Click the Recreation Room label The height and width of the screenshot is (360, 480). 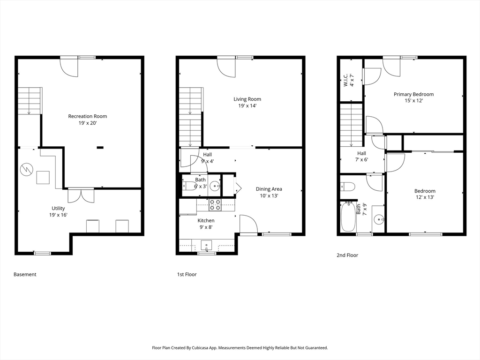point(88,116)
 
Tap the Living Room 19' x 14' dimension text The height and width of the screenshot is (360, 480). point(247,106)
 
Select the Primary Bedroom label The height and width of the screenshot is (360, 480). point(413,94)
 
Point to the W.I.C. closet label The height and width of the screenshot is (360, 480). point(345,80)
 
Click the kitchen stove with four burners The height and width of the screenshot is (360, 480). point(215,205)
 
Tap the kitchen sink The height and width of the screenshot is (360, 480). point(207,246)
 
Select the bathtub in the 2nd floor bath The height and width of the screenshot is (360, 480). point(348,216)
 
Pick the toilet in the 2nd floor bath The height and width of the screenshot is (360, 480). point(347,186)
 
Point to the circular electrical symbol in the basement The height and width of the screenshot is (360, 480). point(26,169)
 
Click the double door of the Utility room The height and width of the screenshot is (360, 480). point(81,195)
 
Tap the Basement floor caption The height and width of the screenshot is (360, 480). point(25,274)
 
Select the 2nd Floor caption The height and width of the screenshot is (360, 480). point(347,255)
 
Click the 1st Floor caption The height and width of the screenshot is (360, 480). point(187,274)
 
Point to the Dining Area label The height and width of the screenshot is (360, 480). point(269,189)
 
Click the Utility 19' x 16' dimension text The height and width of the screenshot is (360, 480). point(58,215)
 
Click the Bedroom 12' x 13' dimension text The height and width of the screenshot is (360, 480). point(425,197)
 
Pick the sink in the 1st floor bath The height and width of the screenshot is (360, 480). point(216,186)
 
